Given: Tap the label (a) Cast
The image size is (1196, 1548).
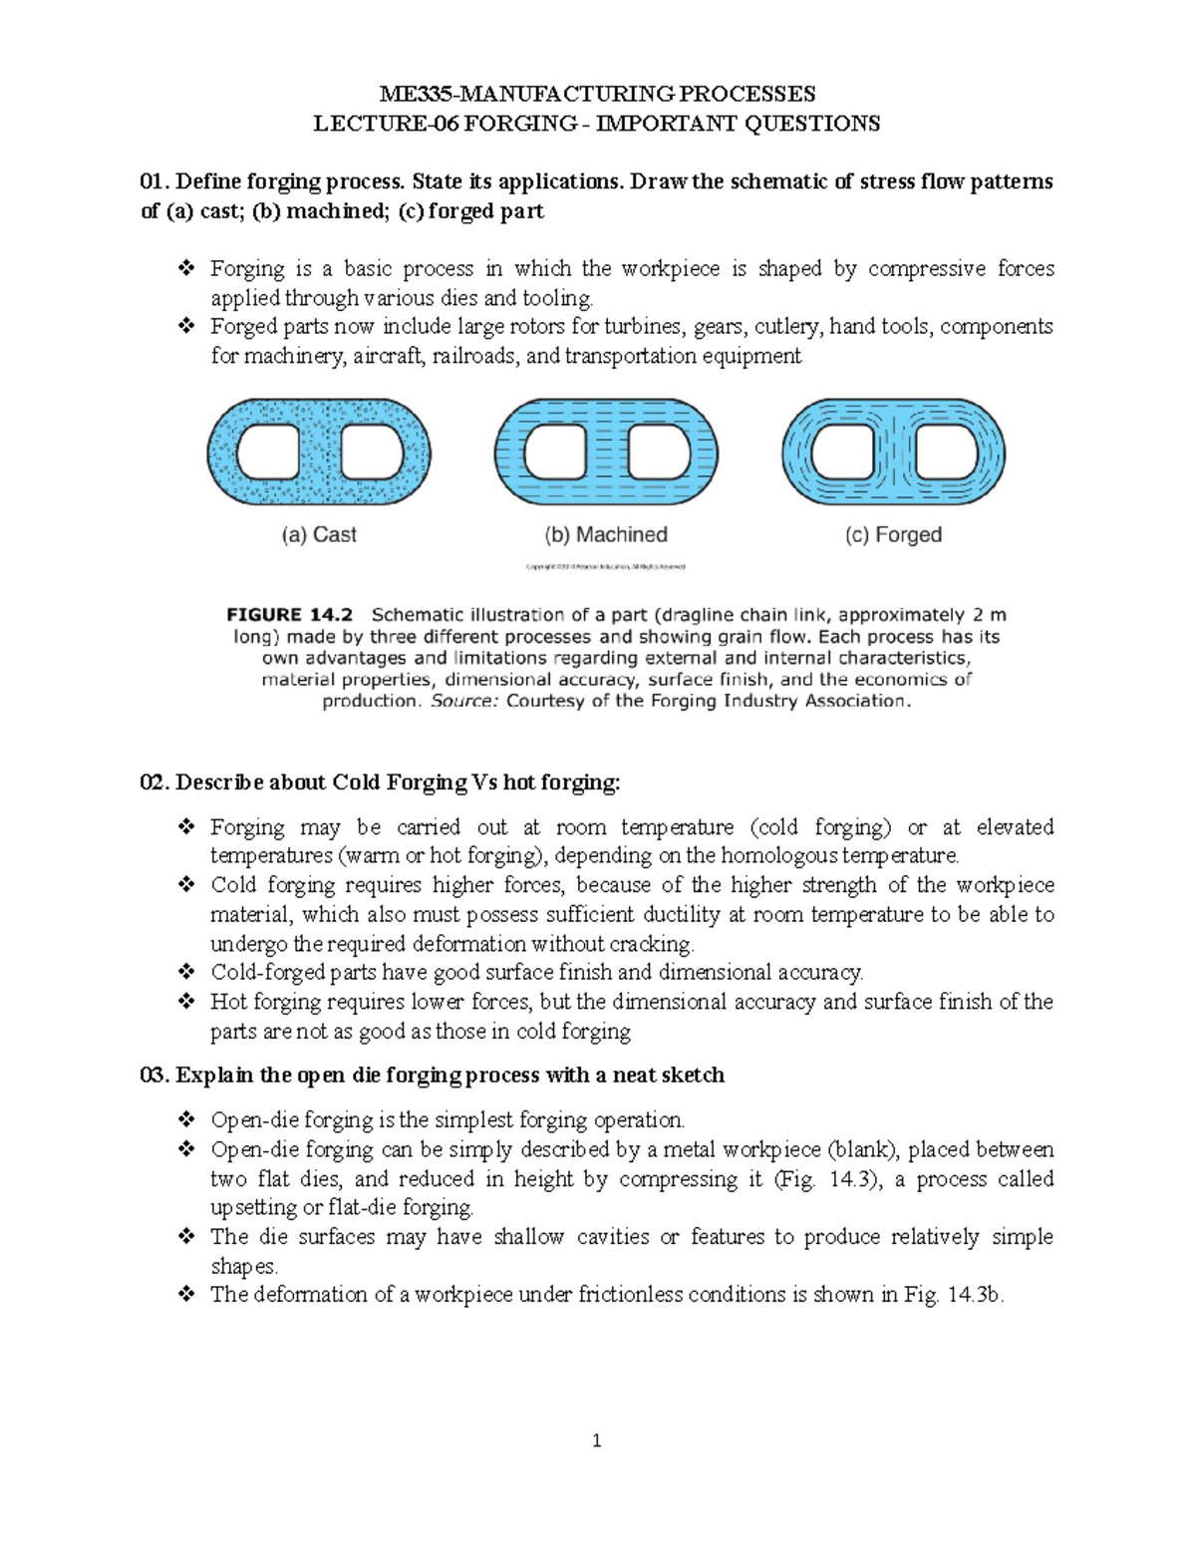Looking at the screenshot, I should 318,535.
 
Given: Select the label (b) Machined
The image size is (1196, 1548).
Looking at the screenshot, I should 606,535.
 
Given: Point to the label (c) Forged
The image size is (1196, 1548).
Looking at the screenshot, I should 893,535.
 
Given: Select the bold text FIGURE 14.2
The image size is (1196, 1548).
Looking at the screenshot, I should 290,615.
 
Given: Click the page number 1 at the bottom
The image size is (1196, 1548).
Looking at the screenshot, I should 597,1440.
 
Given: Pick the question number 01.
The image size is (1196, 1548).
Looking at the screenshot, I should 153,182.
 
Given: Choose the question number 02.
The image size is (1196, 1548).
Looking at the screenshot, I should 153,782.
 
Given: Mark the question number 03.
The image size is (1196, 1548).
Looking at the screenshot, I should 153,1076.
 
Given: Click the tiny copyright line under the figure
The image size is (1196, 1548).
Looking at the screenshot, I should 606,567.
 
